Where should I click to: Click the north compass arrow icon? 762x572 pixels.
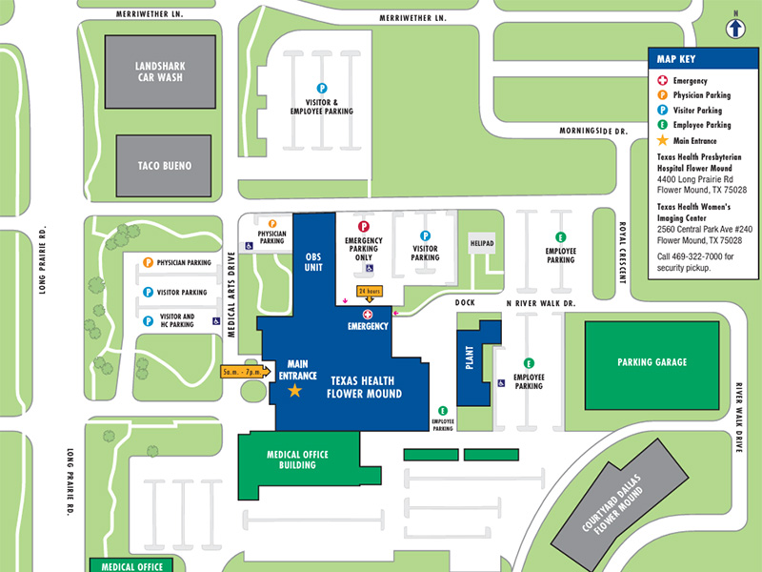pyautogui.click(x=735, y=28)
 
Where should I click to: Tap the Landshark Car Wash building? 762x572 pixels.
pyautogui.click(x=159, y=71)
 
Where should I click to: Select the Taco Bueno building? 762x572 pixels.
pyautogui.click(x=163, y=166)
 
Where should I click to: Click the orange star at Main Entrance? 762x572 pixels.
pyautogui.click(x=294, y=391)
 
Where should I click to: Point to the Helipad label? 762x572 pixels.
pyautogui.click(x=482, y=243)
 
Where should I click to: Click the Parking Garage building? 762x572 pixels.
pyautogui.click(x=652, y=362)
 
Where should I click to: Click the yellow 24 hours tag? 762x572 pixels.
pyautogui.click(x=369, y=291)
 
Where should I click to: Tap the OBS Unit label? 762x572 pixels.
pyautogui.click(x=313, y=262)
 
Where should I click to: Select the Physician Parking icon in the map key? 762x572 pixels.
pyautogui.click(x=662, y=95)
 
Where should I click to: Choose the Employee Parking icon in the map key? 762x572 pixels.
pyautogui.click(x=662, y=124)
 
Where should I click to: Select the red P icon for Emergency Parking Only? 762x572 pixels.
pyautogui.click(x=363, y=225)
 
